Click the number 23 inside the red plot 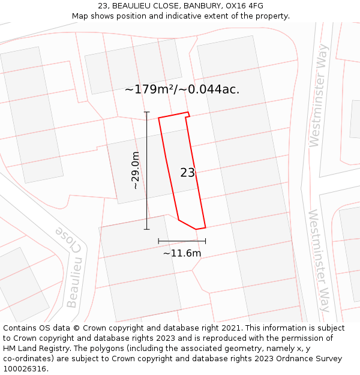[187, 173]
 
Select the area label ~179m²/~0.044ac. [182, 89]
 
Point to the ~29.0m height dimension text [136, 170]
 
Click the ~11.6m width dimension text [182, 253]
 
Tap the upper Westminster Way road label [319, 95]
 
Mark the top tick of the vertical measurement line [147, 112]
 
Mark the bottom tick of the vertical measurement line [147, 229]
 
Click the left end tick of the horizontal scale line [159, 241]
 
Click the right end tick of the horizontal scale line [205, 241]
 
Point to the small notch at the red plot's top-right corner [188, 115]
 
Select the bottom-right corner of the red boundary [205, 227]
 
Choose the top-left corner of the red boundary [159, 118]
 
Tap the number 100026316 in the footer [25, 369]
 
